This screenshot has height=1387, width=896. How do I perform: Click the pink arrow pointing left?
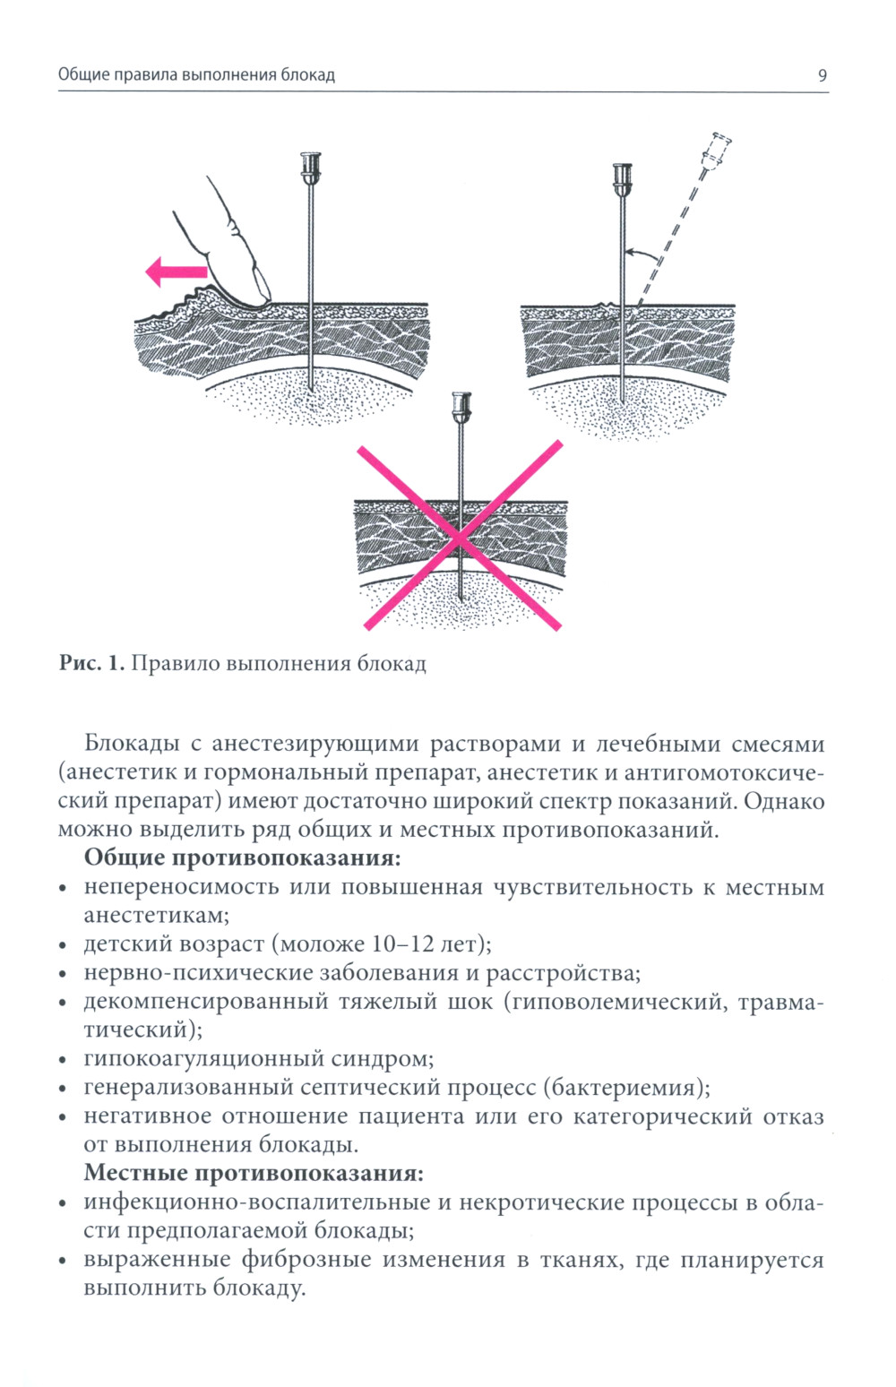pyautogui.click(x=176, y=271)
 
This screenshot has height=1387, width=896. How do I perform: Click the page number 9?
pyautogui.click(x=823, y=75)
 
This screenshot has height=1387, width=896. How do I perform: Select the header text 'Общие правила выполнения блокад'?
pyautogui.click(x=196, y=75)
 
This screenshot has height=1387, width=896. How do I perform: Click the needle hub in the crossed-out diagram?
pyautogui.click(x=461, y=409)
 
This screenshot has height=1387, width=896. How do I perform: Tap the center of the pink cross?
pyautogui.click(x=460, y=536)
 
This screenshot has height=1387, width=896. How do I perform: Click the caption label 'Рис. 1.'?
pyautogui.click(x=90, y=664)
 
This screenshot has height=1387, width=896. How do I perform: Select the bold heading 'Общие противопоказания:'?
pyautogui.click(x=242, y=857)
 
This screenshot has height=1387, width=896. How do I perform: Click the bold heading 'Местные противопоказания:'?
pyautogui.click(x=254, y=1173)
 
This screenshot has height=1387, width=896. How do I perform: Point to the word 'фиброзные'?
pyautogui.click(x=305, y=1260)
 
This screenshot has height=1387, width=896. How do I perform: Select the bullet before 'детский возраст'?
pyautogui.click(x=63, y=946)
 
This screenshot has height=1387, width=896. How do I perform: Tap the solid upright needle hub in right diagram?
pyautogui.click(x=622, y=175)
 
